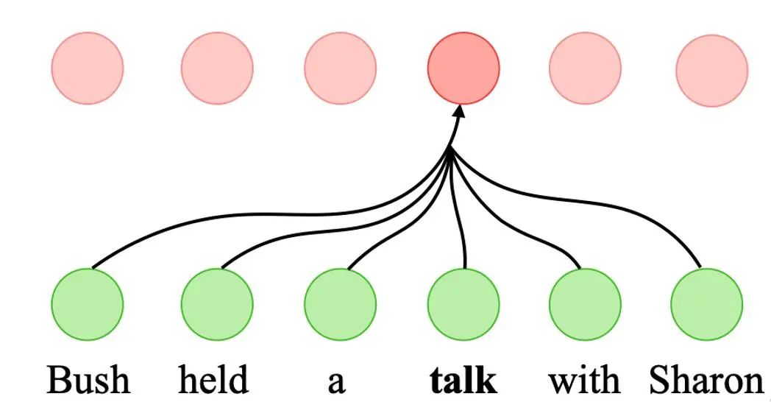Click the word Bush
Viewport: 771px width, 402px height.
(x=88, y=381)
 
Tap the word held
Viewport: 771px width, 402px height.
(x=213, y=381)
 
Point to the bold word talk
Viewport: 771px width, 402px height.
(x=463, y=381)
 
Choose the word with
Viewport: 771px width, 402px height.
(x=584, y=381)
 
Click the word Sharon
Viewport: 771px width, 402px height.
(x=706, y=381)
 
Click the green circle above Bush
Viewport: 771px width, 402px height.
(x=88, y=304)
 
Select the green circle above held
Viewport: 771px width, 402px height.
(x=217, y=304)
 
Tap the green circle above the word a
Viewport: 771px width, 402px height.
(x=340, y=304)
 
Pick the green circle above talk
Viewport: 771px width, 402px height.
(x=463, y=304)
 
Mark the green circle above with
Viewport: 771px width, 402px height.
(x=586, y=304)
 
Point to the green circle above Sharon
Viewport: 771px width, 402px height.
(x=707, y=304)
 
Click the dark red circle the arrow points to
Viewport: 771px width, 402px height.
(x=463, y=68)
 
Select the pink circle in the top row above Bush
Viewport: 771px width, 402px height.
(x=88, y=68)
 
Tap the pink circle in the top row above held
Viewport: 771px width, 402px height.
(x=217, y=68)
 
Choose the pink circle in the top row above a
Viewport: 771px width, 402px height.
(x=340, y=68)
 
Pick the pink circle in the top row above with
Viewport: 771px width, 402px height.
(x=586, y=68)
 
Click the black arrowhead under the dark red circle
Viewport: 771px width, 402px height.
(x=461, y=113)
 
